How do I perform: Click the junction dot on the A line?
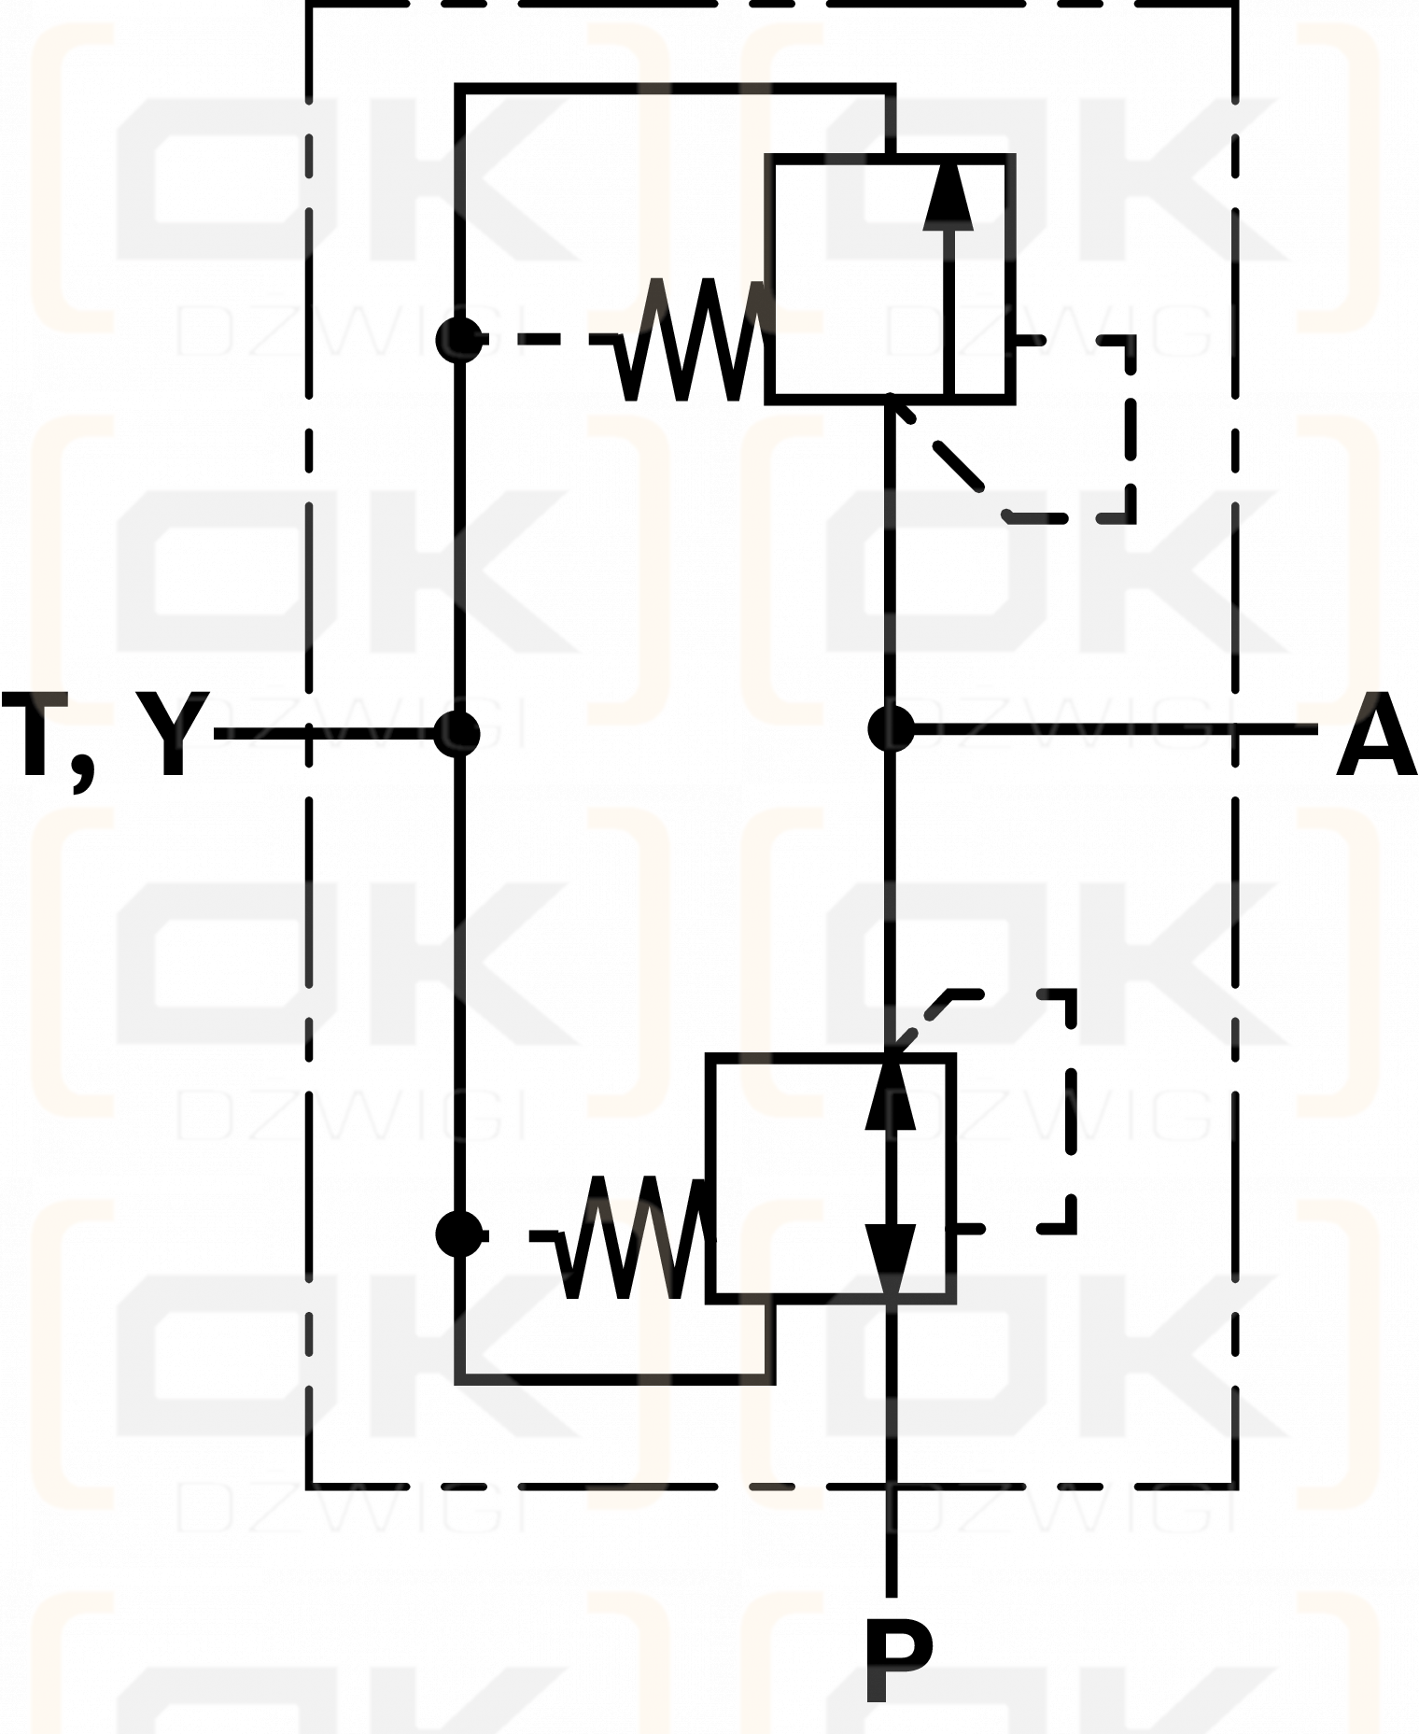(891, 728)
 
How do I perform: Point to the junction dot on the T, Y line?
(457, 733)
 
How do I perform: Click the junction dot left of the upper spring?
(458, 339)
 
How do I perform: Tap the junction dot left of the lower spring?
(458, 1234)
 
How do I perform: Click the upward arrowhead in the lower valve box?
(891, 1093)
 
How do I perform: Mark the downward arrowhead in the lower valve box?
(891, 1260)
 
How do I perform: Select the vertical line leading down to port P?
(891, 1449)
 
